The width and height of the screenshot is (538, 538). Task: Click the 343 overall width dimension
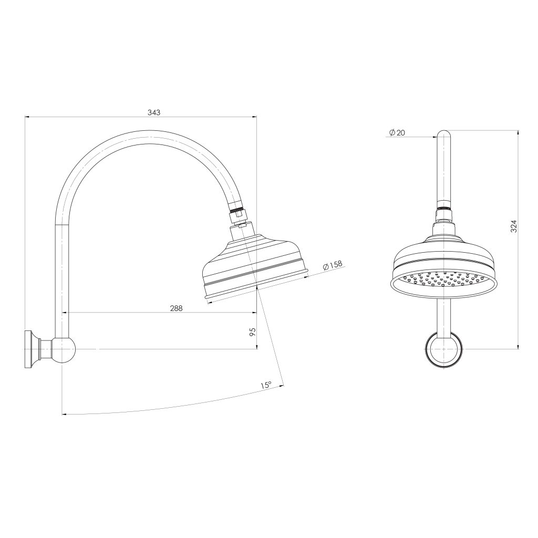[154, 112]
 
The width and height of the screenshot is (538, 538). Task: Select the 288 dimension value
[176, 308]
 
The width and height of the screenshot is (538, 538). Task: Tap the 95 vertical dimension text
[252, 332]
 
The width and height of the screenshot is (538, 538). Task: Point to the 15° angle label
[266, 386]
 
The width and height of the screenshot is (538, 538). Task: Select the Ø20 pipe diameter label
[397, 133]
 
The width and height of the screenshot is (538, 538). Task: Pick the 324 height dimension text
[514, 226]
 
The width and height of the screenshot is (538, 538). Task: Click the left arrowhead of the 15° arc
[64, 415]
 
